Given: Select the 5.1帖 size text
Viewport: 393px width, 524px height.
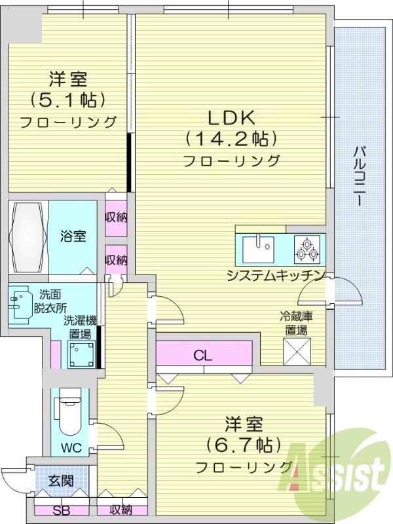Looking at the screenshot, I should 67,100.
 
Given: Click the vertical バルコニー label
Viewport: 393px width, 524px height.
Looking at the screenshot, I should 359,176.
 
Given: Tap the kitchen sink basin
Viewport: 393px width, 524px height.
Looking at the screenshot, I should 260,249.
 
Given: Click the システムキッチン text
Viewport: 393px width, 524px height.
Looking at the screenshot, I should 275,274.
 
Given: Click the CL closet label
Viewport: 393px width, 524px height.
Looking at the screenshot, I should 203,356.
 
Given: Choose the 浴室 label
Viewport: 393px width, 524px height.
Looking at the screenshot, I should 73,236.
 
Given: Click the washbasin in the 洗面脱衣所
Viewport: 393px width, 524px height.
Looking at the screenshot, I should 20,303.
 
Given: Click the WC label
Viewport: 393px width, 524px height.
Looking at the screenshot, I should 71,450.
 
